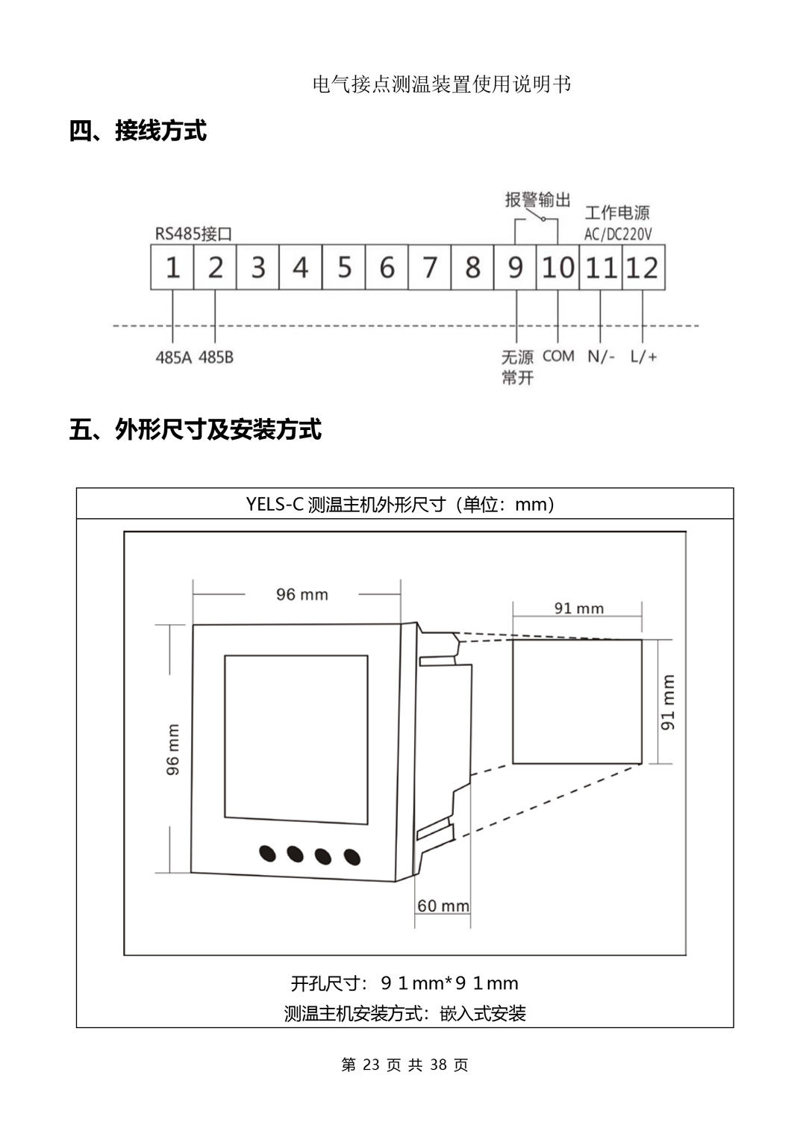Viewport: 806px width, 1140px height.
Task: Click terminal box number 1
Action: [x=172, y=267]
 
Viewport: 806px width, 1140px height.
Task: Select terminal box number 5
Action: [x=344, y=267]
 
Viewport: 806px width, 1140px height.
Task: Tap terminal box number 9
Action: [x=515, y=267]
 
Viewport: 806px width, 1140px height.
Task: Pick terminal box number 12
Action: [x=643, y=267]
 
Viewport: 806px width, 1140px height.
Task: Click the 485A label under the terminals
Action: [x=173, y=358]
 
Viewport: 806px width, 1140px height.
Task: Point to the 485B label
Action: [x=216, y=358]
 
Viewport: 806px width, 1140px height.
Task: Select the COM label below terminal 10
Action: [x=558, y=356]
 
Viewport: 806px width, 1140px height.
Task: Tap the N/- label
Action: [x=601, y=356]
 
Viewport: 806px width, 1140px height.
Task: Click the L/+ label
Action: [x=643, y=356]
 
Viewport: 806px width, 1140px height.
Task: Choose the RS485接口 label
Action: [x=193, y=234]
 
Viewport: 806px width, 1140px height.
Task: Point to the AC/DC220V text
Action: [x=618, y=234]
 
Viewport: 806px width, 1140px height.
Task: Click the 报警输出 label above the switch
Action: [x=537, y=199]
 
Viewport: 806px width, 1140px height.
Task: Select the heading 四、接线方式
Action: [x=138, y=131]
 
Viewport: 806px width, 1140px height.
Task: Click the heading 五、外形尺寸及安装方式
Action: [x=196, y=429]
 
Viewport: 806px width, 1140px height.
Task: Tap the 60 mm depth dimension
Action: [x=443, y=906]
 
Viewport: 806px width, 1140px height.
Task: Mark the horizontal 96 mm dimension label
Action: [x=302, y=594]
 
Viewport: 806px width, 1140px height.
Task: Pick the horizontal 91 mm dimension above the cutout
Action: [x=578, y=608]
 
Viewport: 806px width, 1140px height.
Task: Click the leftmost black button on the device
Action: [x=267, y=852]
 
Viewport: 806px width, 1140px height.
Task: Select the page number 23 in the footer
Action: [x=371, y=1065]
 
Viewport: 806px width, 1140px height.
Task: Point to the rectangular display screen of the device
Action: [x=296, y=740]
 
